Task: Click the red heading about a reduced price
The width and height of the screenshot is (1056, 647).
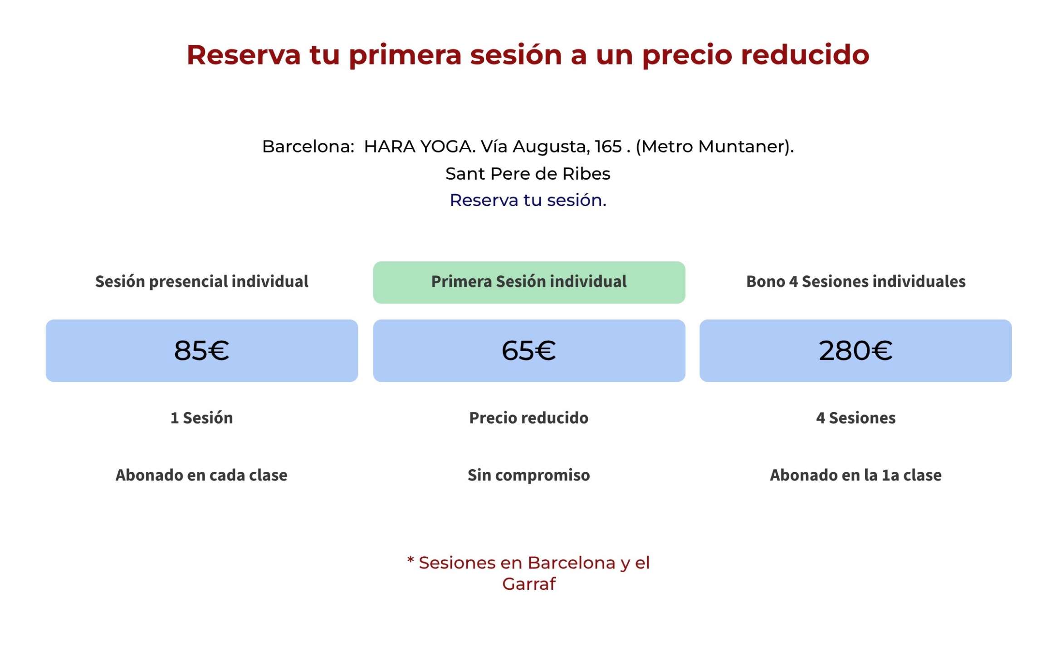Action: [x=528, y=55]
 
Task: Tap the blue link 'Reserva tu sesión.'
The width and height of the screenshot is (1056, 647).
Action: [x=528, y=200]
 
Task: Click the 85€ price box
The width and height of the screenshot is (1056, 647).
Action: [x=202, y=351]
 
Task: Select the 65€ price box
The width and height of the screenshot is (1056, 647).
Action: [x=529, y=351]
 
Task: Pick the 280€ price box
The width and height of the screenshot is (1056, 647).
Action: [x=856, y=351]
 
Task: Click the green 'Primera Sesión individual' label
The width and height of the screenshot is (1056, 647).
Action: [x=529, y=282]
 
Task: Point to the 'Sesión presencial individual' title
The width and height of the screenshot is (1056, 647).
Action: [x=202, y=282]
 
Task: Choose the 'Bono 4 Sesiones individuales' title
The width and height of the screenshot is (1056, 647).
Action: [x=856, y=282]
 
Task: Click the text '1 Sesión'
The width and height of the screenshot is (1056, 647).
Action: [x=202, y=418]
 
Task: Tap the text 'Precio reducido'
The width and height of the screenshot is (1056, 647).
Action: [x=529, y=418]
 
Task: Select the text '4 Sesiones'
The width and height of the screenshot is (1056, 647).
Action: [x=856, y=418]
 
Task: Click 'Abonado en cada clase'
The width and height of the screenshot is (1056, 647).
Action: [x=201, y=475]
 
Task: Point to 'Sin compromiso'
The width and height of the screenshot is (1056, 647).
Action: [x=529, y=475]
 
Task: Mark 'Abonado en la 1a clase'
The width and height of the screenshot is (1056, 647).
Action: [x=856, y=475]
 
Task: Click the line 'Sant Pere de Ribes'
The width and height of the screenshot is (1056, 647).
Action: [x=528, y=174]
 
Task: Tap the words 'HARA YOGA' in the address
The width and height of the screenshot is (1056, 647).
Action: [x=419, y=147]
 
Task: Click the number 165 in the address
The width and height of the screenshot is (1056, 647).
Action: [x=608, y=147]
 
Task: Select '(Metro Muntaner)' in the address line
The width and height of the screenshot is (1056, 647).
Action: [x=714, y=147]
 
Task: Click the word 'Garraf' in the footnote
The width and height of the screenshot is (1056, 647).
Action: [x=529, y=584]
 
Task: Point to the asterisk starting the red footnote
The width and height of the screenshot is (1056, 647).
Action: [x=411, y=560]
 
